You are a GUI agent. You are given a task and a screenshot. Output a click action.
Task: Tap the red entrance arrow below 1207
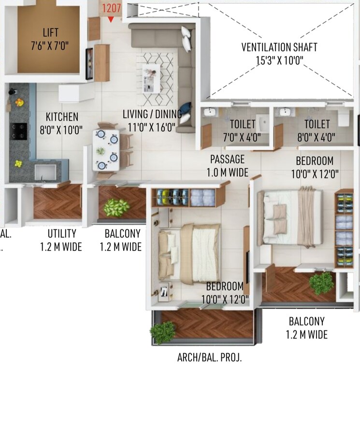coord(111,19)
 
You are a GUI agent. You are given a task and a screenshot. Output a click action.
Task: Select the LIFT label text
coord(50,33)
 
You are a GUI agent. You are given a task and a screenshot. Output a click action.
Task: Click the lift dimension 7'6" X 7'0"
coord(50,46)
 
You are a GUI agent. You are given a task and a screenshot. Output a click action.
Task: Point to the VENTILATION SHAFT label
coord(279,47)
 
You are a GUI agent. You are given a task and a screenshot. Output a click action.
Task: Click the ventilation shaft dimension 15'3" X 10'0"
coord(279,60)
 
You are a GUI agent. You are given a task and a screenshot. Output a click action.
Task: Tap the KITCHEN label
coord(62,117)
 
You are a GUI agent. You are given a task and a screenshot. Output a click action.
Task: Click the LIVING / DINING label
coord(152,115)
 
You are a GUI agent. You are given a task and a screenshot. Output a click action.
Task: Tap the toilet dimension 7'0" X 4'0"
coord(242,137)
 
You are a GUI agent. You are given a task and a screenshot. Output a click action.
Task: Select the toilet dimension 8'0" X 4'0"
coord(317,137)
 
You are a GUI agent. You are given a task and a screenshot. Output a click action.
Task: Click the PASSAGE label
coord(227,159)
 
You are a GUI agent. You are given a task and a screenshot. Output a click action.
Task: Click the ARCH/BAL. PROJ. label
coord(209,358)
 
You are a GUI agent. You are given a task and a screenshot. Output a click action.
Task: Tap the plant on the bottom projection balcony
coord(162,332)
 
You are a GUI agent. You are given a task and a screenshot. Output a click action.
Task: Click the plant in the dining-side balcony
coord(116,207)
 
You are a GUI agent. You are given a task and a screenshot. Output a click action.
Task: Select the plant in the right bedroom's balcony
coord(321,283)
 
